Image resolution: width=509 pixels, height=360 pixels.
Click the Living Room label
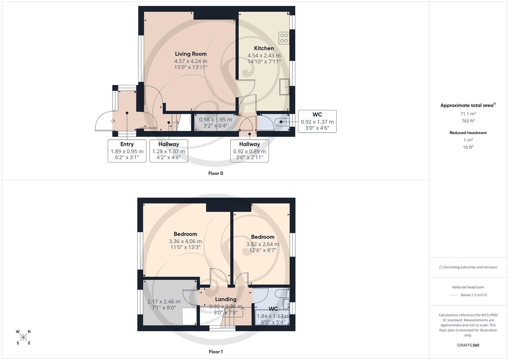pyautogui.click(x=191, y=54)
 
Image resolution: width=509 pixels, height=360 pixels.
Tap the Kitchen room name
pyautogui.click(x=264, y=48)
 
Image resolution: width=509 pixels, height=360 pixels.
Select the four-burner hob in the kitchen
pyautogui.click(x=284, y=38)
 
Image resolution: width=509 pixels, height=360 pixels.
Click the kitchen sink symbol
pyautogui.click(x=285, y=87)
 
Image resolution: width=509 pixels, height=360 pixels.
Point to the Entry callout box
pyautogui.click(x=127, y=151)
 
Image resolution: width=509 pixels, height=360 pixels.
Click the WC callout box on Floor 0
pyautogui.click(x=317, y=121)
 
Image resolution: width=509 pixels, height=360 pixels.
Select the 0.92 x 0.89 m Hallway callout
pyautogui.click(x=249, y=151)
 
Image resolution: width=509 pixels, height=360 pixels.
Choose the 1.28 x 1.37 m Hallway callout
pyautogui.click(x=168, y=151)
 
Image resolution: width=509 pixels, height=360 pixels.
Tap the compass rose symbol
pyautogui.click(x=23, y=337)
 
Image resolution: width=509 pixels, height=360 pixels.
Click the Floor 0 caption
pyautogui.click(x=216, y=173)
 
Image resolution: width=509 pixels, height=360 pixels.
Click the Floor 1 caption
pyautogui.click(x=216, y=352)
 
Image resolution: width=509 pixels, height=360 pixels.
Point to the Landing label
pyautogui.click(x=226, y=299)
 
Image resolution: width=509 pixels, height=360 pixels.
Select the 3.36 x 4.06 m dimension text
pyautogui.click(x=185, y=241)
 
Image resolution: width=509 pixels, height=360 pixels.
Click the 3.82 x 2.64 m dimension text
pyautogui.click(x=263, y=244)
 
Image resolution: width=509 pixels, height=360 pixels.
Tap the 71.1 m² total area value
pyautogui.click(x=468, y=114)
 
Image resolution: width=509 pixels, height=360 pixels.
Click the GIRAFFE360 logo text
pyautogui.click(x=468, y=345)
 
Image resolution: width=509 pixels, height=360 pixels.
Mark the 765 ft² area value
pyautogui.click(x=468, y=121)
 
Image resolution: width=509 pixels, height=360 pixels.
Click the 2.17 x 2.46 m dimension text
pyautogui.click(x=164, y=302)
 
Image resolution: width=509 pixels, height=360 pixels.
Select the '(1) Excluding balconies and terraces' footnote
pyautogui.click(x=468, y=267)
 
